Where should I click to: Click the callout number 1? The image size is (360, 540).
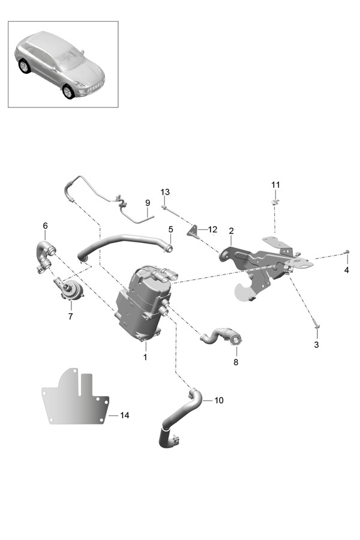pos(145,356)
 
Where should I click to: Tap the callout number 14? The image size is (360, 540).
pos(124,415)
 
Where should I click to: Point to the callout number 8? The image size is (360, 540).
pos(236,362)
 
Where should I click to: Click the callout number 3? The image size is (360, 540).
pos(317,345)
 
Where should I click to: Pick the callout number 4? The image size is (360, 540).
pos(347,270)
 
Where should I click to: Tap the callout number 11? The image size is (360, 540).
pos(275,185)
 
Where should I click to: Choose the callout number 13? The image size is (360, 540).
pos(165,192)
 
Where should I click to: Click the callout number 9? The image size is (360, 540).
pos(148,203)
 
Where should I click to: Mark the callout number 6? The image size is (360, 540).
pos(45,226)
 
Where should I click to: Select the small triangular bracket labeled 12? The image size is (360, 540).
pos(193,230)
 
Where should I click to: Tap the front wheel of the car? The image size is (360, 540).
pos(68,91)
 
